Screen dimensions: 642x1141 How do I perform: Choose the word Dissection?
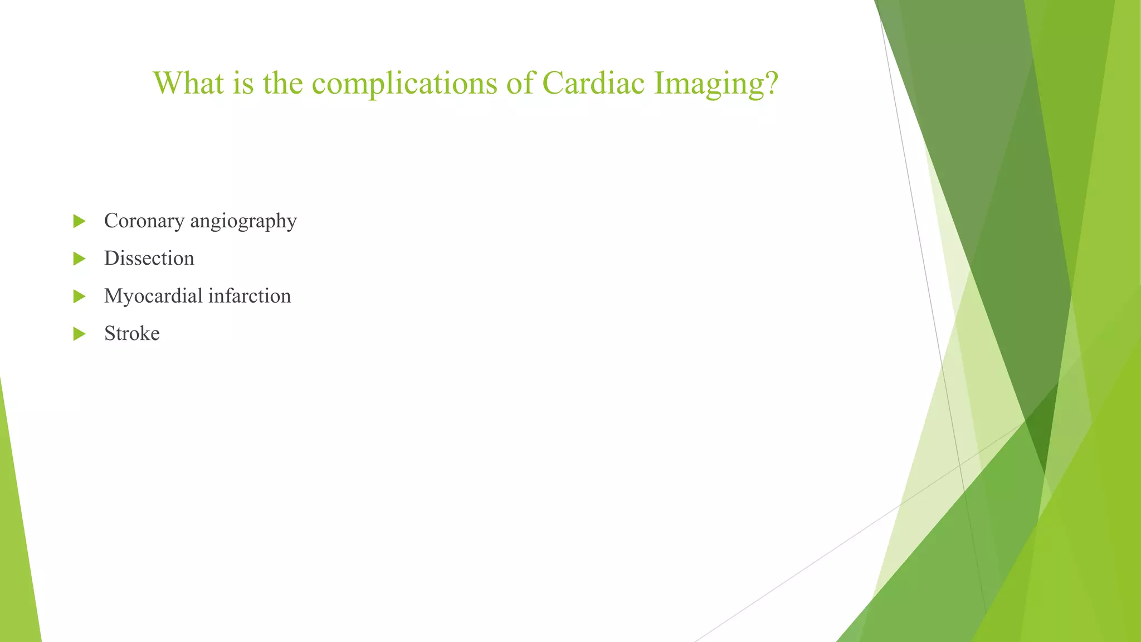click(x=149, y=259)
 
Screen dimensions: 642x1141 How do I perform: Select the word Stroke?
click(x=132, y=333)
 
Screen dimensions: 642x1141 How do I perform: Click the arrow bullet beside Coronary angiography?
click(x=79, y=221)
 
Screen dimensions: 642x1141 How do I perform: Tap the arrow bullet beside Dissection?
click(x=79, y=259)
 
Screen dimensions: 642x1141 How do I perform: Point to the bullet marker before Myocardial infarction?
click(x=79, y=296)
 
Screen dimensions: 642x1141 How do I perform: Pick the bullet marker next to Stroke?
click(x=79, y=334)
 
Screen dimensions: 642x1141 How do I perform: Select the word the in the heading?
click(x=283, y=83)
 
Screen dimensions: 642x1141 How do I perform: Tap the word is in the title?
click(x=243, y=83)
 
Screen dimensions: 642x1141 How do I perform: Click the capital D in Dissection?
click(x=111, y=259)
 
